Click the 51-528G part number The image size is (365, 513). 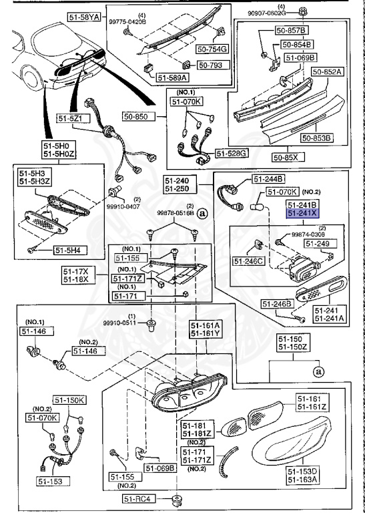(234, 153)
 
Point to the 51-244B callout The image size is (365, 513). (268, 178)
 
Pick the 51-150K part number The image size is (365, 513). (70, 400)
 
